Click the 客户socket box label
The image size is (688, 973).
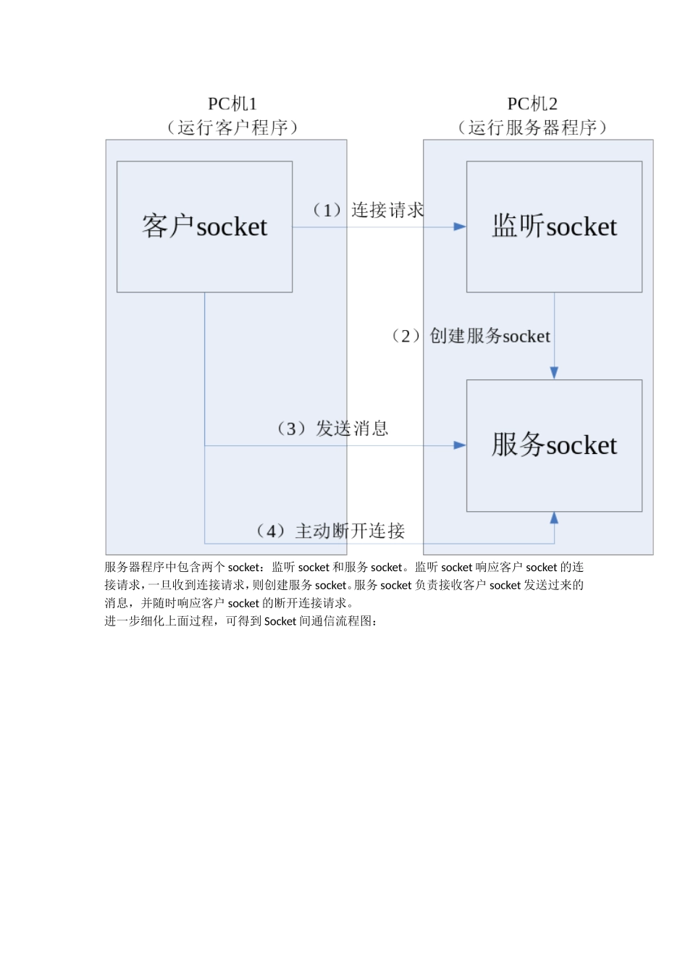coord(204,227)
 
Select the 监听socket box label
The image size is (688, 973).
coord(554,227)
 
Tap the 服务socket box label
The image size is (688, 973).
coord(554,445)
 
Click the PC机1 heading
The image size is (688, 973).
coord(232,104)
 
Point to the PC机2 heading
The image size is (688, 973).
coord(532,104)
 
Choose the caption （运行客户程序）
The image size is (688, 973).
coord(232,128)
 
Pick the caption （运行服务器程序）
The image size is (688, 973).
coord(532,128)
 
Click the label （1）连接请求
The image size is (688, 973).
coord(368,210)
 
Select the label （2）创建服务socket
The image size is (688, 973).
coord(471,336)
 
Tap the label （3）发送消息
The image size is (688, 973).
coord(332,429)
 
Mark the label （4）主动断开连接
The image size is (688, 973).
coord(331,531)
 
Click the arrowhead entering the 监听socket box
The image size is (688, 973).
coord(460,227)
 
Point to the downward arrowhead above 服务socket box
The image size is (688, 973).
coord(554,373)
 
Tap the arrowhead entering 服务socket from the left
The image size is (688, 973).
coord(460,445)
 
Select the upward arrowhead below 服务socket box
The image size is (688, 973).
coord(554,518)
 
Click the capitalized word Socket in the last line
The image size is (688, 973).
coord(280,621)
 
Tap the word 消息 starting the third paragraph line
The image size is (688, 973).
coord(117,603)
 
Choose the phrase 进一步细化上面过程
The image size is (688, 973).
coord(159,621)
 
